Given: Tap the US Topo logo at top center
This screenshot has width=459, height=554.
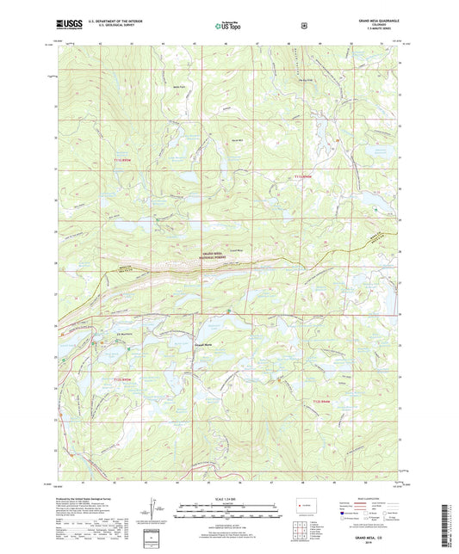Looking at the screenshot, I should (x=228, y=27).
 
